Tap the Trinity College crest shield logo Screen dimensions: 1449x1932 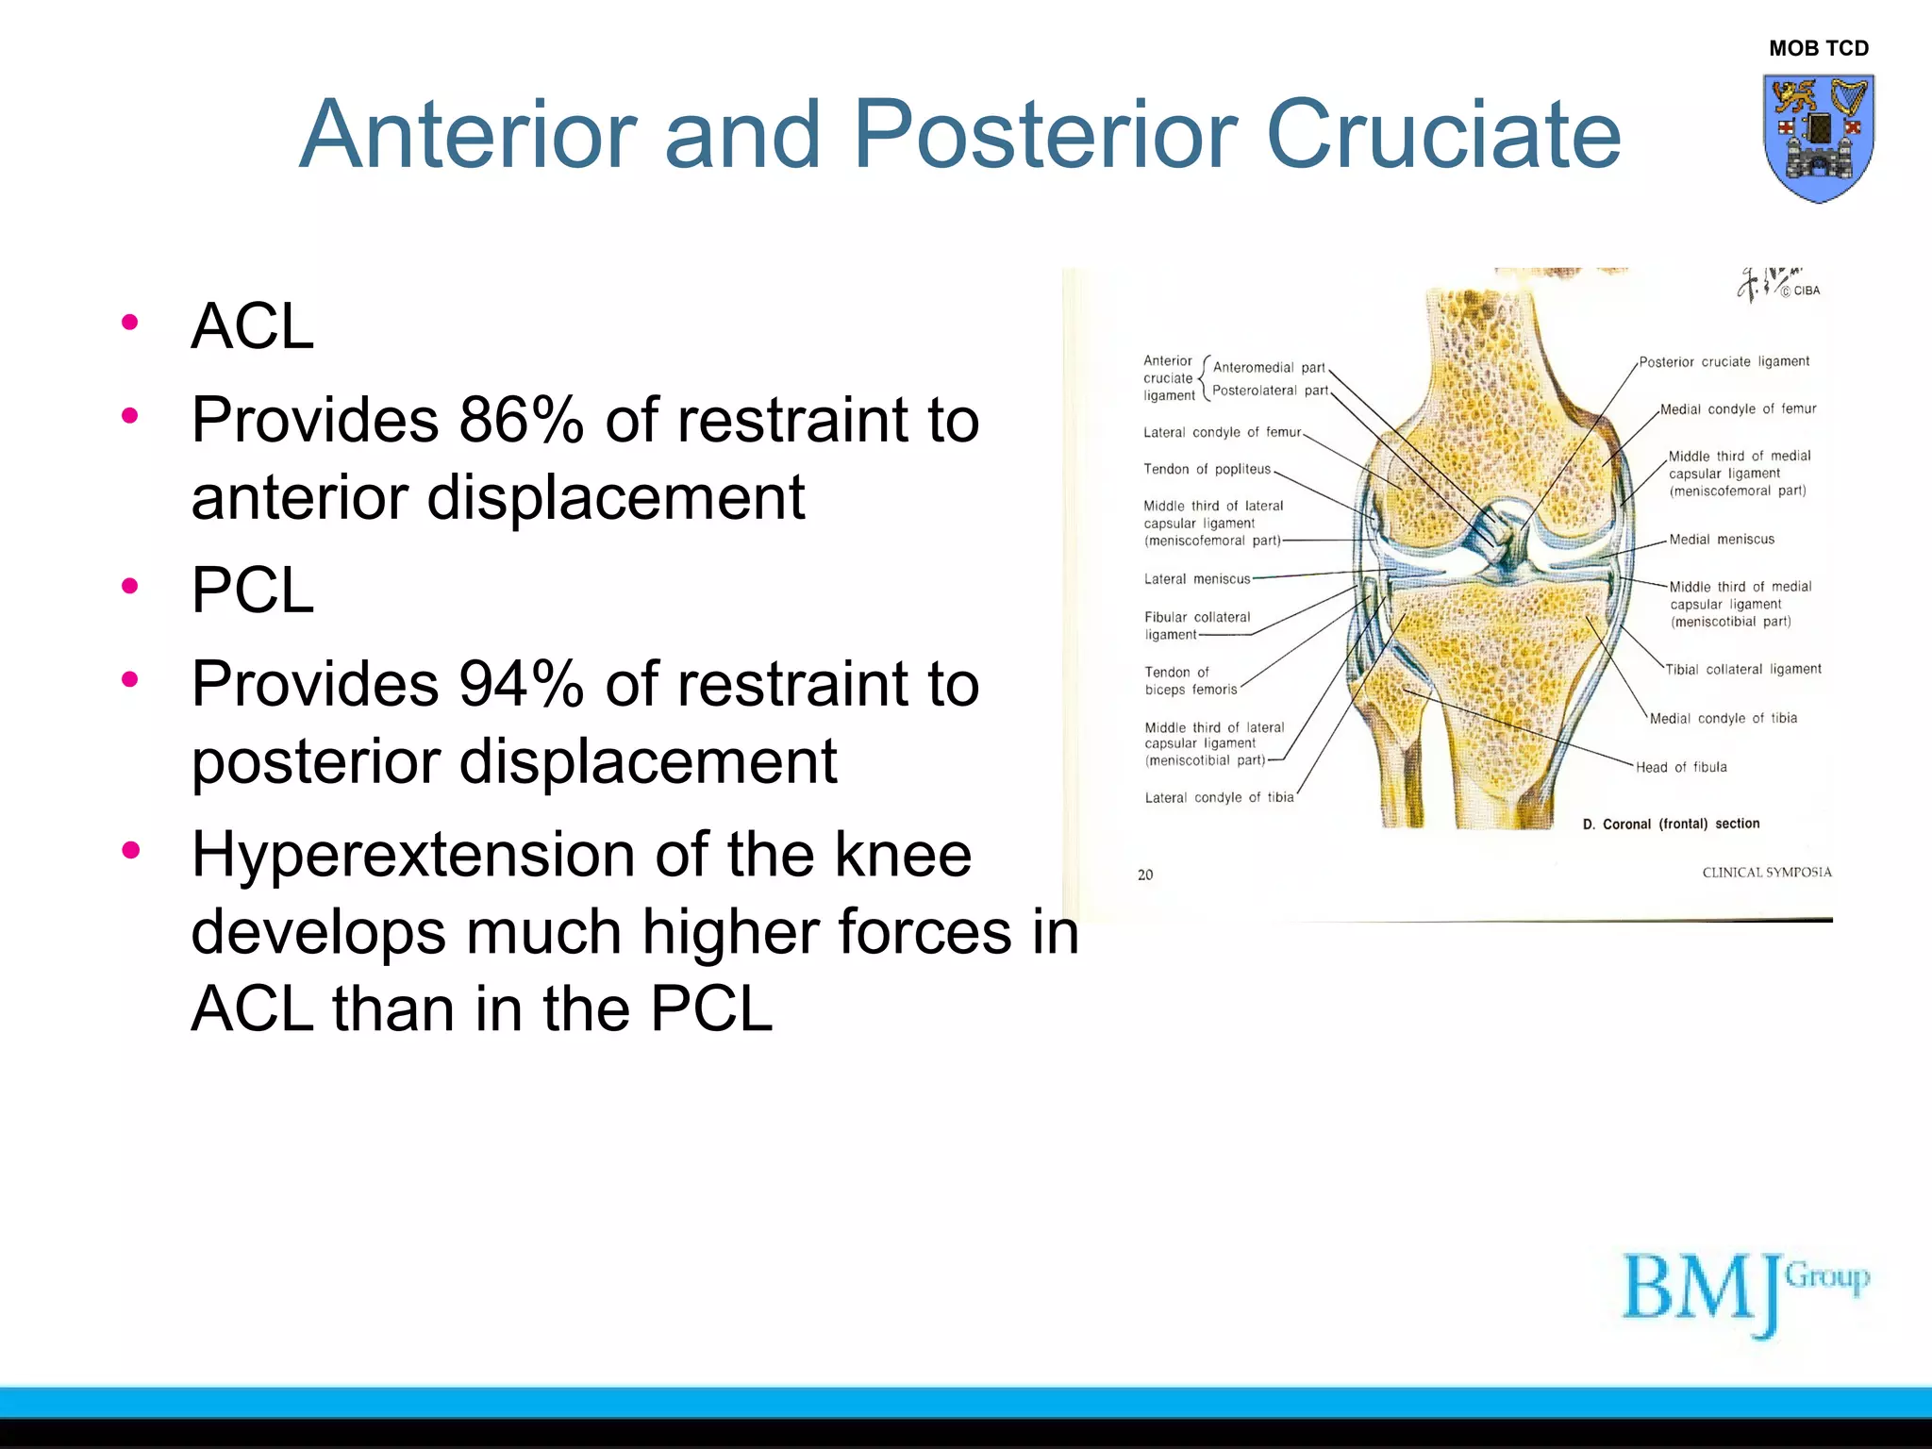click(1818, 138)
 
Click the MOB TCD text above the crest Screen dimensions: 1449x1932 click(1818, 48)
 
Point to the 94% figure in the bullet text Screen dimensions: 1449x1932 click(521, 683)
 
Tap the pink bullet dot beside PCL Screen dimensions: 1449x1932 click(130, 587)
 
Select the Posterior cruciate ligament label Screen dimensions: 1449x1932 click(1724, 361)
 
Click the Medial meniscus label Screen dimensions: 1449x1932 click(1721, 540)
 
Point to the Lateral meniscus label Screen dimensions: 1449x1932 click(1196, 579)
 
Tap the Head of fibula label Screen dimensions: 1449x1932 click(1681, 767)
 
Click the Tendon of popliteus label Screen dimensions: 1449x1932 click(1207, 469)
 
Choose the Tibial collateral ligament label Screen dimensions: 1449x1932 click(1742, 669)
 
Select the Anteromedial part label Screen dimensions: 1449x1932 click(1268, 367)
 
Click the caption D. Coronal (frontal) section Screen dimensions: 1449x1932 click(1671, 824)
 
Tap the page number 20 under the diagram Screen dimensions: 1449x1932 click(1145, 874)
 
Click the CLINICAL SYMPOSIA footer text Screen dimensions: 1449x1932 click(1766, 873)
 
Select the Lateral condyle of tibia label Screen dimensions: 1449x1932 click(1219, 797)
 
